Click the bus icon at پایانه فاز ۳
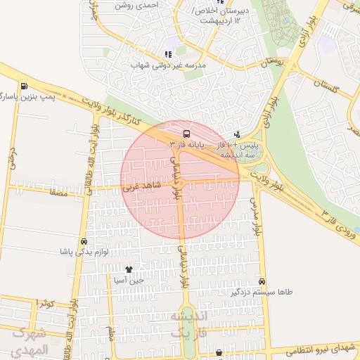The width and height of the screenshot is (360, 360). [186, 133]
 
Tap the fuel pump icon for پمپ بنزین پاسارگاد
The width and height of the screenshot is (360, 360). [25, 86]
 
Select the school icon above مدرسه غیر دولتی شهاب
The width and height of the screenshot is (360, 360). [167, 54]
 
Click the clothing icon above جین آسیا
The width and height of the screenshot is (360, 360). [129, 269]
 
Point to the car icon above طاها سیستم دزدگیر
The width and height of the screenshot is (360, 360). [262, 281]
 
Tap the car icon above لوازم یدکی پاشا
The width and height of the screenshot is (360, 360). [84, 241]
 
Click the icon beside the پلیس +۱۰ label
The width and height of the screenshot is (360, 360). [237, 134]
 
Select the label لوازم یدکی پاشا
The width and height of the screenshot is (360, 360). [84, 252]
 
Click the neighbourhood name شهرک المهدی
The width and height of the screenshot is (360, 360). [30, 342]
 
